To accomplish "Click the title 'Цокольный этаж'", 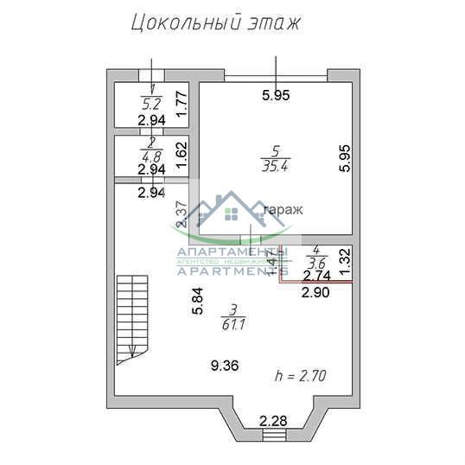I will (215, 22).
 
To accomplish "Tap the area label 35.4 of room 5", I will (274, 166).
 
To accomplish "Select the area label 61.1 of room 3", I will (231, 324).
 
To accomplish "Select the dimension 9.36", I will (225, 366).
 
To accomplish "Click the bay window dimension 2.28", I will (274, 421).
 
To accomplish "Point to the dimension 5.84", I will (197, 300).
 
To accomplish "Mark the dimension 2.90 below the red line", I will (315, 293).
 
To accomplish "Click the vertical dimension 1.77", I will (182, 105).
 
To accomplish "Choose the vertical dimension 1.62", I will (182, 153).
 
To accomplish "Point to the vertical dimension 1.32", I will (344, 262).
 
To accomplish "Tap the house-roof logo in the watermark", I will (232, 212).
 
